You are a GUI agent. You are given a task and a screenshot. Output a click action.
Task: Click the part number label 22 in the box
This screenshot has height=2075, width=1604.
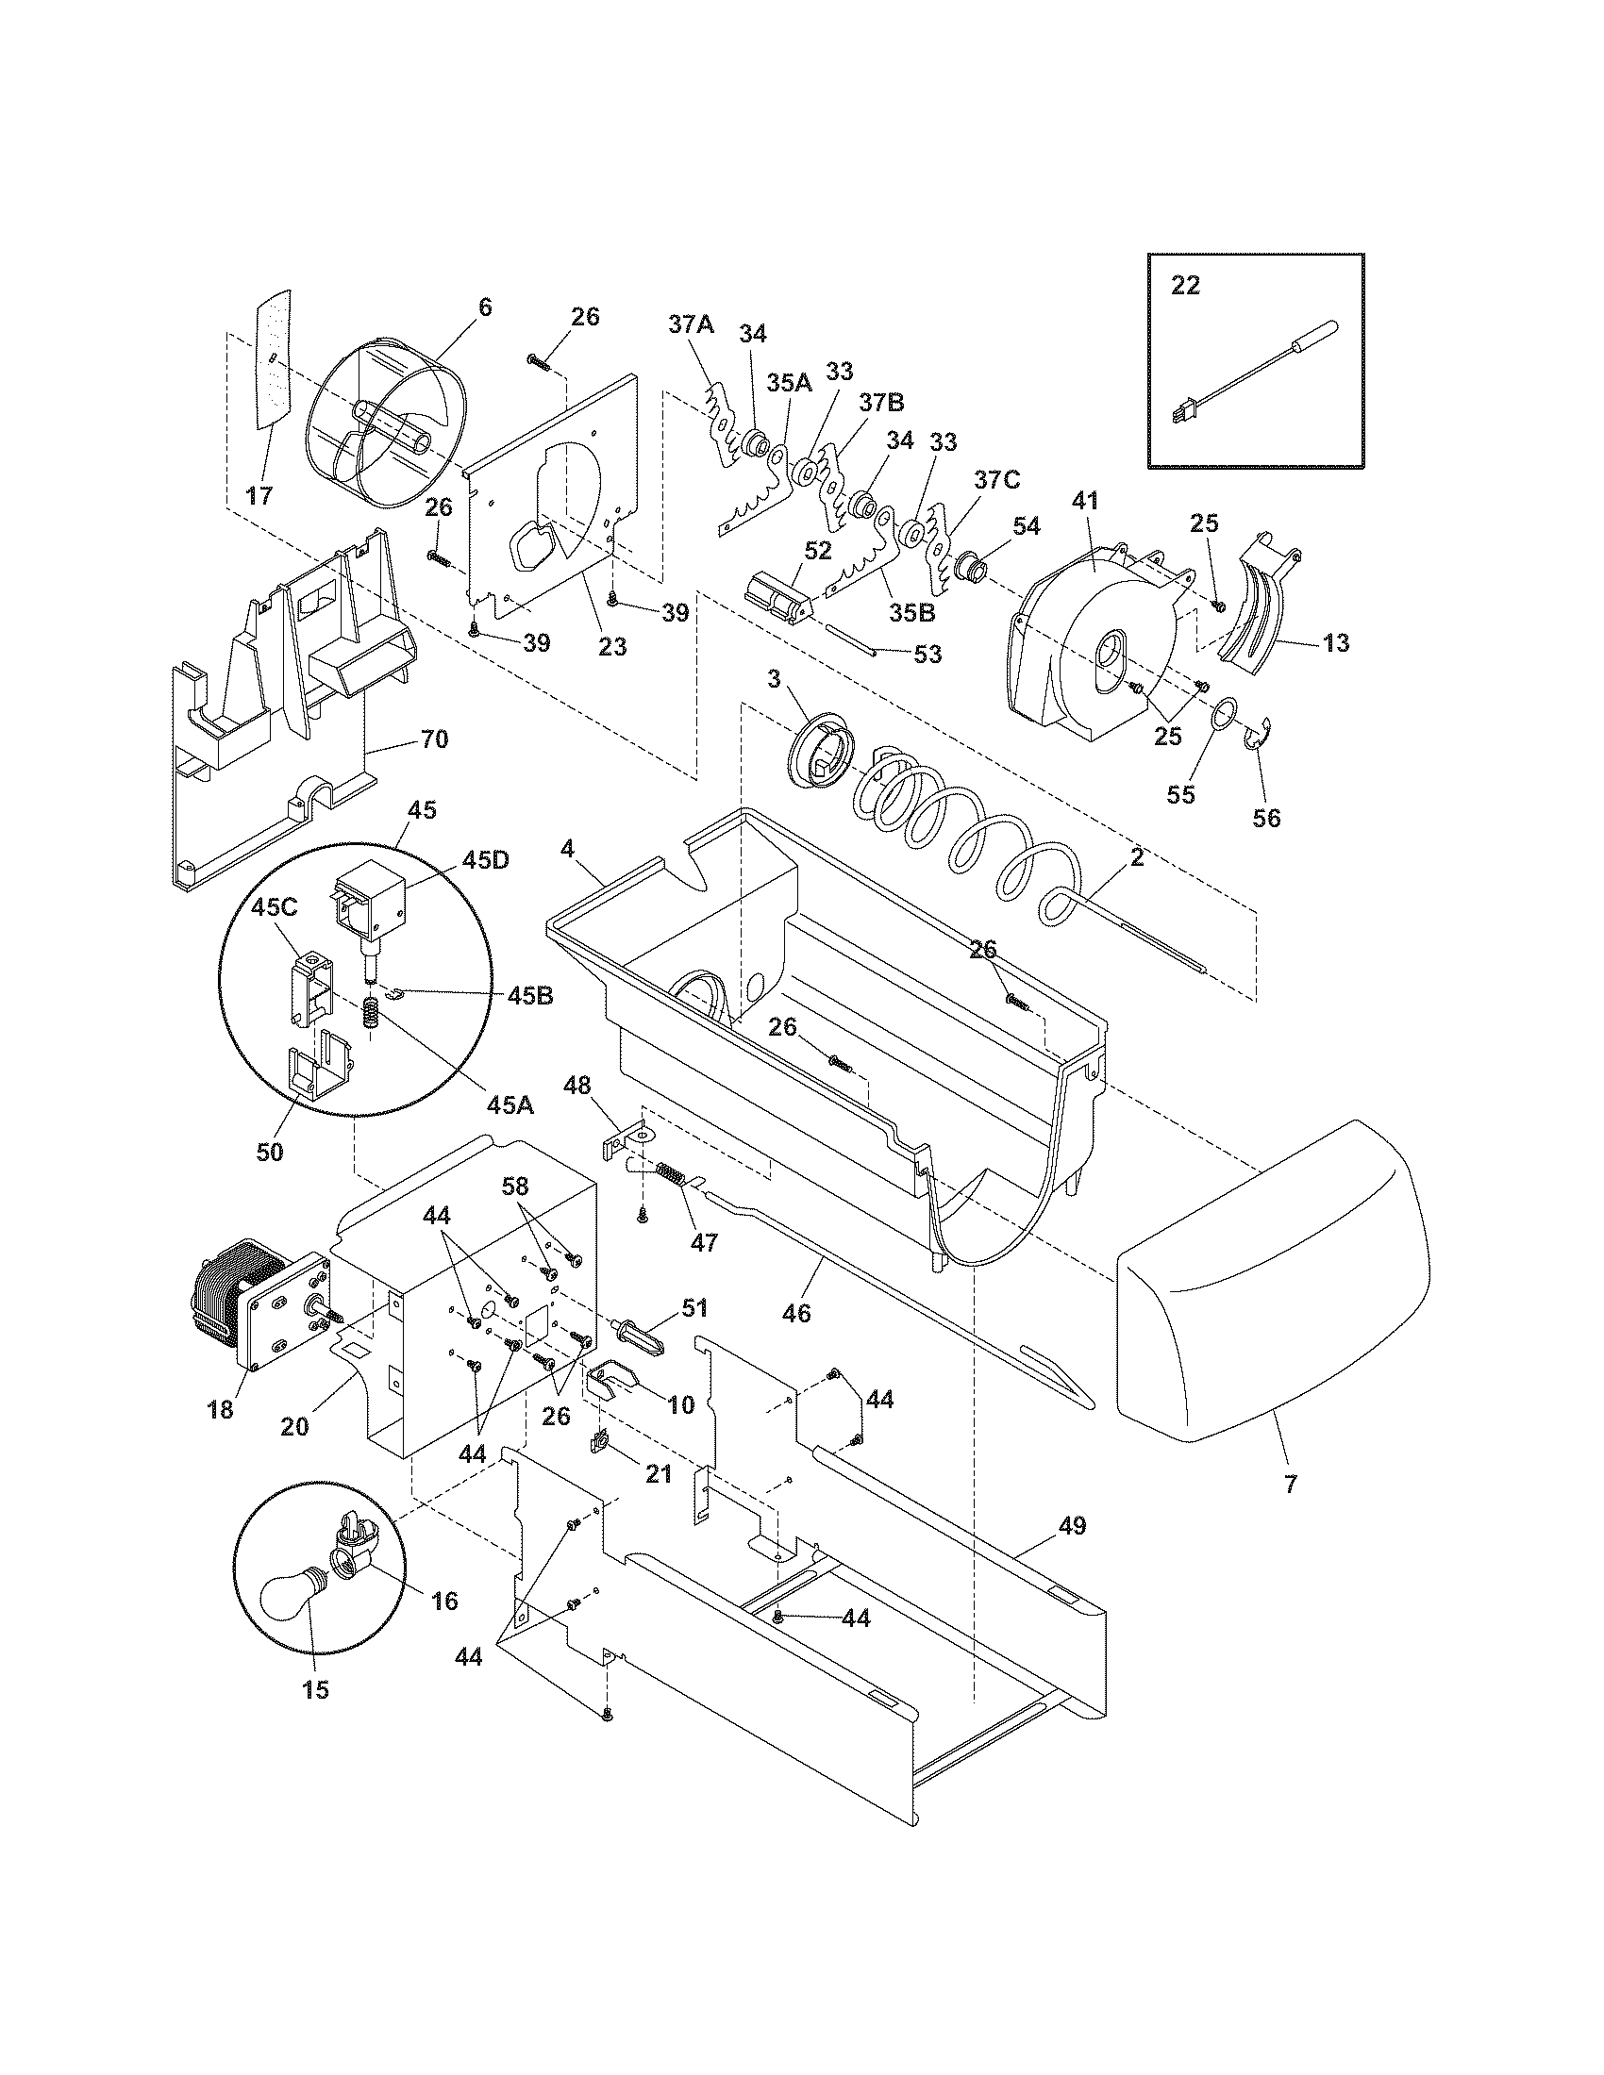1185,285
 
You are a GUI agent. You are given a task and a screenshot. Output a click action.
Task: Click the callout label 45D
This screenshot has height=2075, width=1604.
486,861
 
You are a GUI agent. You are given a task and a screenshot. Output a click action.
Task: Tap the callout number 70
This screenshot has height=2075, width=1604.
434,739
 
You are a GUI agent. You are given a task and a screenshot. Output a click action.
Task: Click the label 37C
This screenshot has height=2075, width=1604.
995,480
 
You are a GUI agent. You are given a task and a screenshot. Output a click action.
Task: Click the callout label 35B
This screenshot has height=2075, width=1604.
913,612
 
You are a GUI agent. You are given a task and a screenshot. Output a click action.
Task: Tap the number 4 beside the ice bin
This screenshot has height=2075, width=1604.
567,850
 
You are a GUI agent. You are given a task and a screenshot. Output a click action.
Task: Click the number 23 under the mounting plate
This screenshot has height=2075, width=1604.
613,646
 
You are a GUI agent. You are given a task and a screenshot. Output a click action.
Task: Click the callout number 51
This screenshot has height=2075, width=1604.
693,1308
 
